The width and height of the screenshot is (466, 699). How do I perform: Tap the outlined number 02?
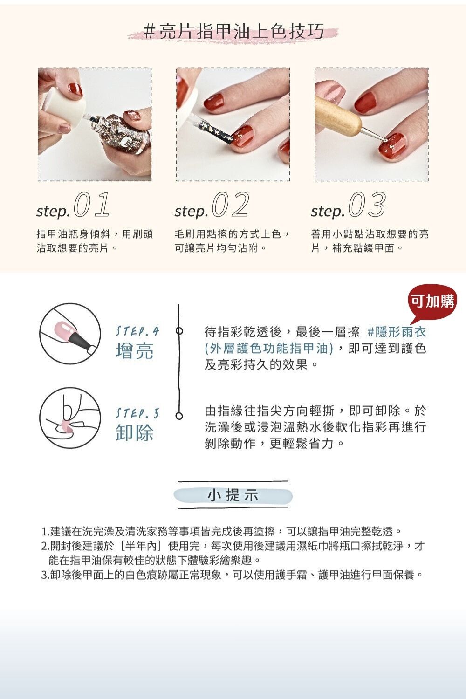pos(231,206)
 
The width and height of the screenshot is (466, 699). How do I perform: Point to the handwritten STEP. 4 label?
pos(137,332)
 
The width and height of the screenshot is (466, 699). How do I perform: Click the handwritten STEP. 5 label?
pos(137,413)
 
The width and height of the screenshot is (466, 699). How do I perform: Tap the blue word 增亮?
pos(135,351)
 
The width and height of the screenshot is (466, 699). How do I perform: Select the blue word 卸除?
pos(135,432)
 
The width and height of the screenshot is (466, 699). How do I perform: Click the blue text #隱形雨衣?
pos(397,332)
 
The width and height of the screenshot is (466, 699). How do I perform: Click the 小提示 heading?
pos(233,495)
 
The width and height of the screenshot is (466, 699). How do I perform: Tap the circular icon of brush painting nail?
pos(70,331)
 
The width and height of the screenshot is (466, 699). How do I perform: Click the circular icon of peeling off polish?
pos(70,415)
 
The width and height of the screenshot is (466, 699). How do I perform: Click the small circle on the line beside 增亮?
pos(178,332)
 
